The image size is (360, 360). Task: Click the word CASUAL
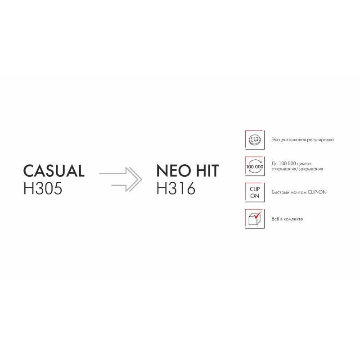pos(54,171)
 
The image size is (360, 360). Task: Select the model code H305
pos(43,189)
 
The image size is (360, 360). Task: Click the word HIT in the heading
pos(207,171)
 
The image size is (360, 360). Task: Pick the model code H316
pos(176,189)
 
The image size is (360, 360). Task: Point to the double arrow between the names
pos(121,179)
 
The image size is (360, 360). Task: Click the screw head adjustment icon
pos(255,140)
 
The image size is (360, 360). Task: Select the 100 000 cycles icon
pos(255,166)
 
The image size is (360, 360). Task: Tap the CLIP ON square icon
pos(255,193)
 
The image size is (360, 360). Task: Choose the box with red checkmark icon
pos(255,219)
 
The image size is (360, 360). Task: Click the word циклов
pos(304,164)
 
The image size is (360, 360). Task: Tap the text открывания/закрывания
pos(297,169)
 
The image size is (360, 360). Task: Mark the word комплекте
pos(293,219)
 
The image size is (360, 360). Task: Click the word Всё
pos(275,219)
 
